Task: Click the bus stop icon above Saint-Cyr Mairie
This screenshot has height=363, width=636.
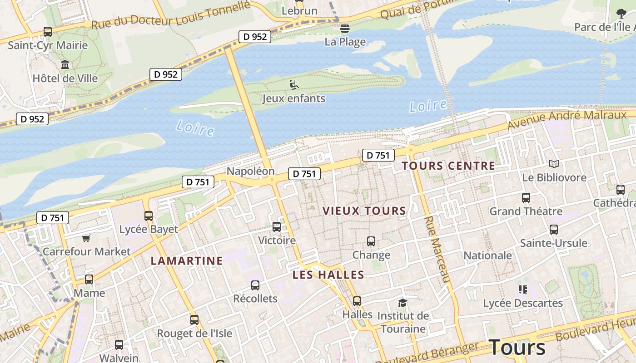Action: pos(48,32)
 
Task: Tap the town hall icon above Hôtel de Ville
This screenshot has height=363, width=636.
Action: pos(65,65)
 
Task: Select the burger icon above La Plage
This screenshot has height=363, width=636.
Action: pos(345,29)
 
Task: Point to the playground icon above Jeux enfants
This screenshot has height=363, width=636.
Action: pos(293,84)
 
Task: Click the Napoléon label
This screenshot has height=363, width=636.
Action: pos(250,171)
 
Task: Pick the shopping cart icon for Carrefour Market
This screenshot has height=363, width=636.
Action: pos(86,238)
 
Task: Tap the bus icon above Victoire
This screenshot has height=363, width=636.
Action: pos(276,227)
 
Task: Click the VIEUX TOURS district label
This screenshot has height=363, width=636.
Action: pos(364,211)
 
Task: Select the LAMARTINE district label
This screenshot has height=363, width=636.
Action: pos(187,261)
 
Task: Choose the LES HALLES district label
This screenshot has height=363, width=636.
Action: pos(328,275)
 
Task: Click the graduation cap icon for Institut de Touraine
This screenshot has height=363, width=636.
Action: pos(402,303)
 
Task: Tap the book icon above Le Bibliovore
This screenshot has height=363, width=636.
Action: pos(554,164)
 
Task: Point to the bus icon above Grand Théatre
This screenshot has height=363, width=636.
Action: pos(526,198)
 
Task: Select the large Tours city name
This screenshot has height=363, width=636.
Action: pos(517,348)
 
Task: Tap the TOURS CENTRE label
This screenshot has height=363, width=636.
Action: pos(448,166)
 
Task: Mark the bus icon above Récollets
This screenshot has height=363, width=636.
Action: pos(255,285)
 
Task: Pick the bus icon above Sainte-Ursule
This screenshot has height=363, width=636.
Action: pos(553,230)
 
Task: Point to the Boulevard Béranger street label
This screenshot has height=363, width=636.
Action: pos(427,354)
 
